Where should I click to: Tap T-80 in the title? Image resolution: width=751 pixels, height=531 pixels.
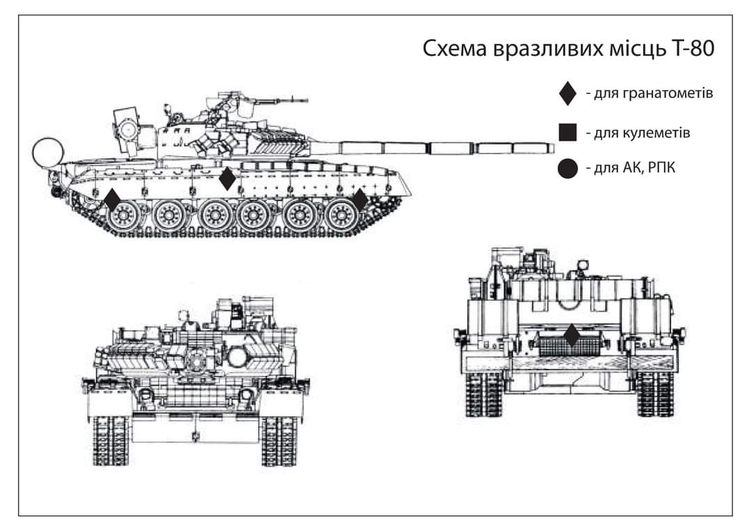click(692, 50)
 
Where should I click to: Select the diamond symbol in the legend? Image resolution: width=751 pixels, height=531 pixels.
click(568, 93)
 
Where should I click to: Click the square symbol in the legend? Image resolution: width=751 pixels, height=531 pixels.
click(568, 131)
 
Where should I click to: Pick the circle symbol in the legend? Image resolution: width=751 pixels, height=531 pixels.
click(568, 169)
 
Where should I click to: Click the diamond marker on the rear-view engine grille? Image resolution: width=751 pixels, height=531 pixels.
click(572, 336)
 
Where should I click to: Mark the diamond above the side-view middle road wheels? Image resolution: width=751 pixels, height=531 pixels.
click(227, 179)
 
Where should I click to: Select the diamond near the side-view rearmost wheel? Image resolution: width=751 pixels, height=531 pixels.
click(112, 200)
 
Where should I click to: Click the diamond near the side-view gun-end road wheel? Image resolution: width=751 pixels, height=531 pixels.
click(360, 200)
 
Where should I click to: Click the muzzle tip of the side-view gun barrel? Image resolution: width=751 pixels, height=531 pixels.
click(552, 148)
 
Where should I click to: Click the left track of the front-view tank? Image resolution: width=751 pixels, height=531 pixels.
click(111, 441)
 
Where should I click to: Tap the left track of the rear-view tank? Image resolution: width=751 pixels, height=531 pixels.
click(484, 393)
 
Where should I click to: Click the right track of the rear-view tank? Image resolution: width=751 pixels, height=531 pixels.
click(655, 393)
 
